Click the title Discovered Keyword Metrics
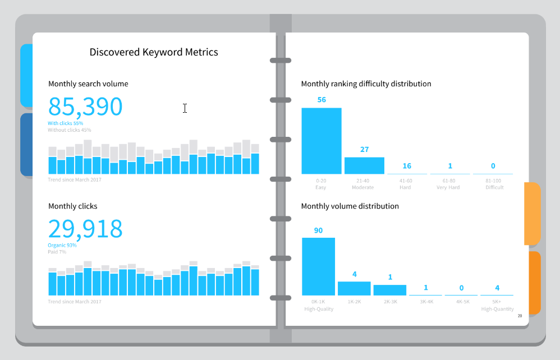[154, 52]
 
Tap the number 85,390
[85, 107]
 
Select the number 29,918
[85, 229]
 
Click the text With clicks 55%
[66, 123]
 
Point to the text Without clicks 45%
[70, 130]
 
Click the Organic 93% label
[62, 246]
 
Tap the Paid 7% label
[57, 252]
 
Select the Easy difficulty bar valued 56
[322, 141]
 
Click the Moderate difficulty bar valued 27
[364, 165]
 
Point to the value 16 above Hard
[407, 166]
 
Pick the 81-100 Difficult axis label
[494, 184]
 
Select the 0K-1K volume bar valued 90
[318, 266]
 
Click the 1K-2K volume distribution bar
[354, 288]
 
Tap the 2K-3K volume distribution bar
[390, 290]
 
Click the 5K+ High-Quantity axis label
[497, 305]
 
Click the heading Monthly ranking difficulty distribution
[366, 84]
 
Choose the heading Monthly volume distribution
[350, 206]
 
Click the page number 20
[520, 316]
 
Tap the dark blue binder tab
[26, 145]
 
